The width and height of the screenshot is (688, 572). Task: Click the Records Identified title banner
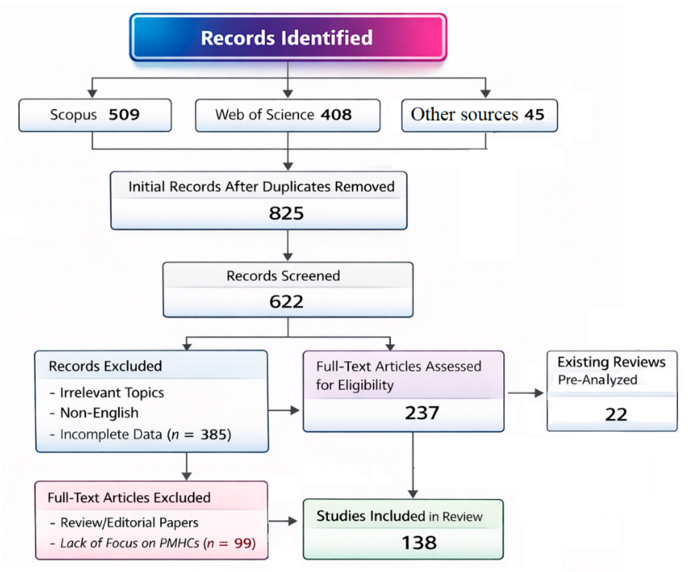tap(288, 38)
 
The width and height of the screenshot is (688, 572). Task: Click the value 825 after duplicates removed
tap(286, 213)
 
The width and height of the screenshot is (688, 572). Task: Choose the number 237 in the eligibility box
tap(422, 413)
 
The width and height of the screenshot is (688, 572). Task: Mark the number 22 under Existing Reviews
tap(616, 415)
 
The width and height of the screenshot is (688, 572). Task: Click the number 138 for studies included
tap(419, 543)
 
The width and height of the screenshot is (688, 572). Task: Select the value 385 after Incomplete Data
tap(214, 435)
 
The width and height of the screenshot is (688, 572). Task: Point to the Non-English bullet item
tap(99, 413)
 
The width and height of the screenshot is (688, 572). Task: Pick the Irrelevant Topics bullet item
tap(112, 393)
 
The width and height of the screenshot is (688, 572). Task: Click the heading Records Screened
tap(283, 276)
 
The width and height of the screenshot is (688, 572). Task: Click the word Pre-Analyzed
tap(598, 380)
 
